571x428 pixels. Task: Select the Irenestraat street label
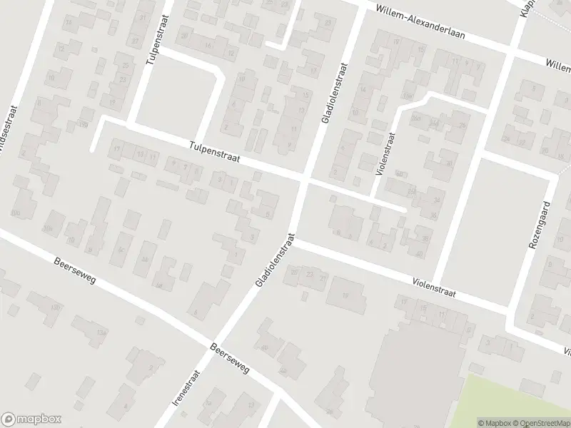[x=184, y=388]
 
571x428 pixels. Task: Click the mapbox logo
[x=31, y=419]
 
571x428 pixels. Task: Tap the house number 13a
[x=103, y=333]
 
